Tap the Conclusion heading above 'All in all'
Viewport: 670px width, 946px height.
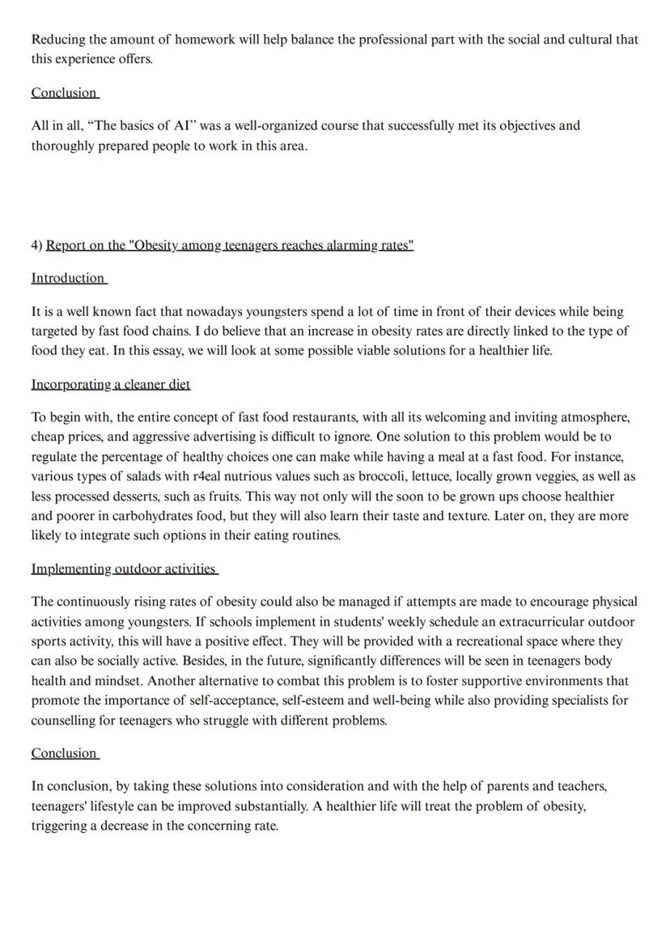point(64,92)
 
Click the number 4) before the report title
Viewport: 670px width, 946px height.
point(37,245)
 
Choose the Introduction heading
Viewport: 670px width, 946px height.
point(68,277)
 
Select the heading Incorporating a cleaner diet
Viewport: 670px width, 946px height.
point(111,384)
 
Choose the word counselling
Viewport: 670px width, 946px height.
point(64,720)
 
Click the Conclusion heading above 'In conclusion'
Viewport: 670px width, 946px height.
point(64,753)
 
